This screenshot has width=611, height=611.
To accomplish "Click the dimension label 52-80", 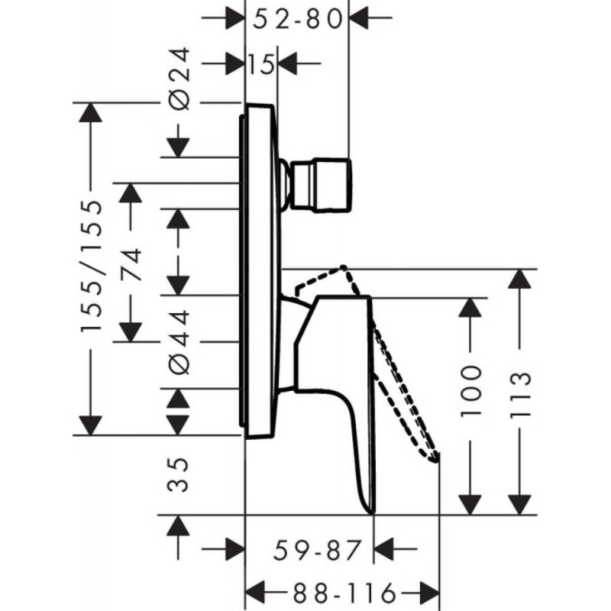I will click(x=297, y=18).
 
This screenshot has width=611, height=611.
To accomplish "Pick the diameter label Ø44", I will click(x=181, y=341).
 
